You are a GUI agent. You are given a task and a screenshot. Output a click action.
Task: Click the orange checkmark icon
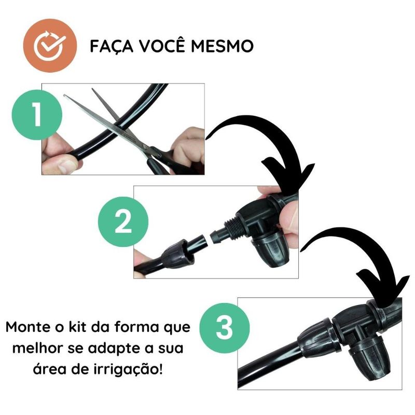point(50,46)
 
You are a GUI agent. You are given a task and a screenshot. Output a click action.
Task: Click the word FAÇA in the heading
point(111,47)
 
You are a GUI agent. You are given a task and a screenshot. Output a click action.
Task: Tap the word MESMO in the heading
point(222,46)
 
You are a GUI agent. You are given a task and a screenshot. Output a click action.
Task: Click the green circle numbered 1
point(37,115)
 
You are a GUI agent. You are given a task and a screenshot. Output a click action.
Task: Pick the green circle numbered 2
point(123,222)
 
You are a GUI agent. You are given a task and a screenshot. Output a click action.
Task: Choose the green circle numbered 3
point(225,328)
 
